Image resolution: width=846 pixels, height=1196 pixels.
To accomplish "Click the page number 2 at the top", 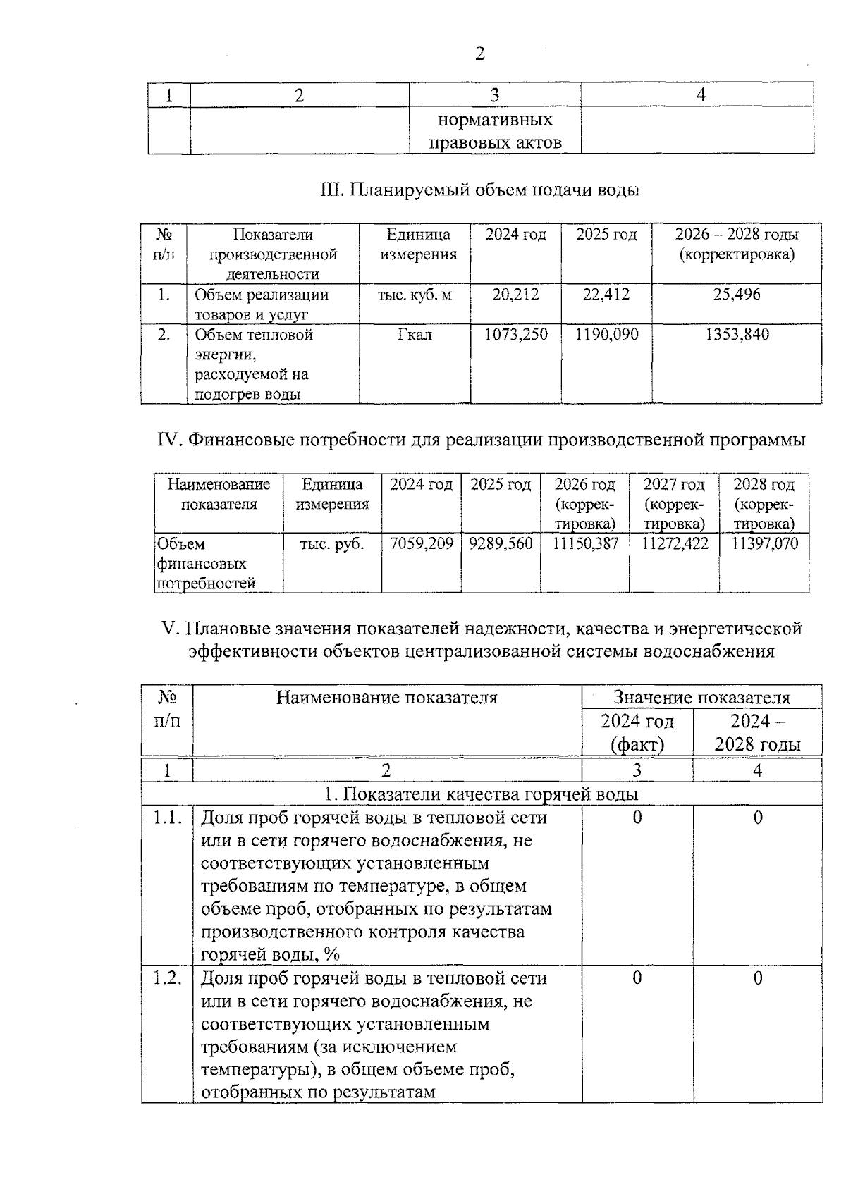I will (480, 54).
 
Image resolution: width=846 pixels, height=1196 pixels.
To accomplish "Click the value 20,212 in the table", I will (515, 295).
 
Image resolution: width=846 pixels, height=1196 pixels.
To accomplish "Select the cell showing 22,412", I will (606, 295).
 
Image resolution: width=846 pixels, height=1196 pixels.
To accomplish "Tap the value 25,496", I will (737, 295).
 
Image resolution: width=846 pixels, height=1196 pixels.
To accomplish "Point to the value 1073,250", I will (515, 335).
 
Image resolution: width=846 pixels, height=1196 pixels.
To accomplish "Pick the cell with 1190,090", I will (606, 335).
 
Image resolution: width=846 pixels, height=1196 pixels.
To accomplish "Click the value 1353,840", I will (737, 335).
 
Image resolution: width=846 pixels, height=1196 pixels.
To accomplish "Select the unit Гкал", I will (415, 335).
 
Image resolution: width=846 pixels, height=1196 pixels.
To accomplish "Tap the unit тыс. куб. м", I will (415, 295).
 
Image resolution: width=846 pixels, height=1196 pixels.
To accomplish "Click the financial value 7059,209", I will (421, 544).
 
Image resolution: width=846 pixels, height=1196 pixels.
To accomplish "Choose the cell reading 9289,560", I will (501, 544).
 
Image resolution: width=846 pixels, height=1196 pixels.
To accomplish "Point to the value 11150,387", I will (585, 544).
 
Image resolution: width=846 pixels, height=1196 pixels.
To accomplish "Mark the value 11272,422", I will (675, 544).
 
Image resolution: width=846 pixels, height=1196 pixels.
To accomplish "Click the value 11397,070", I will (764, 544).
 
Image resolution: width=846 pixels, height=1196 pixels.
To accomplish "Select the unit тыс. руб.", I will (332, 544).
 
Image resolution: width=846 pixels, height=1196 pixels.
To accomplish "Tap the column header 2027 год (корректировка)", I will (675, 504).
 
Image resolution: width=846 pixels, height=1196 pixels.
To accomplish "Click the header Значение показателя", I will (701, 698).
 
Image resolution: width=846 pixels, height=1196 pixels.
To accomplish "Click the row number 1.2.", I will (167, 978).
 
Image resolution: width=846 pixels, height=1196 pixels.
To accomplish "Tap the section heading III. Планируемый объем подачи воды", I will (479, 190).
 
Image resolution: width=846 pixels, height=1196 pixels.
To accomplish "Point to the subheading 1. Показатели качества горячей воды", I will (481, 794).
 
